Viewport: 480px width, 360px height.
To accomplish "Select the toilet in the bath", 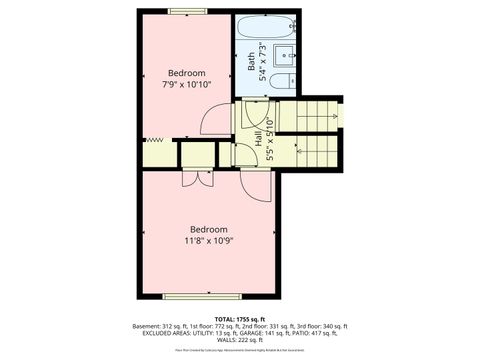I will point(287,80).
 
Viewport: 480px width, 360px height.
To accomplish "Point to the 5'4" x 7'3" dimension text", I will point(262,62).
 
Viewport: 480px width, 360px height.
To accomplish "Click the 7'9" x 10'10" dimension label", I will point(187,85).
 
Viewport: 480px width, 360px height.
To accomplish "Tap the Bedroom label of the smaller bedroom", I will point(187,73).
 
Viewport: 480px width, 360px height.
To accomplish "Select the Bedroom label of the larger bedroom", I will point(209,229).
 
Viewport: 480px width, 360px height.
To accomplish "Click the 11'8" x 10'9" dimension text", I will point(209,241).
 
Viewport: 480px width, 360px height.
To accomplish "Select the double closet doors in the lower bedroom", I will point(191,180).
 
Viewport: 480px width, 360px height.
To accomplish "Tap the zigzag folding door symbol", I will point(154,141).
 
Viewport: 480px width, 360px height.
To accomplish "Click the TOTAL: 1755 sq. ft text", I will point(239,318).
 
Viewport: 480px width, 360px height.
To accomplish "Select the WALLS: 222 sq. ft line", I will point(239,341).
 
